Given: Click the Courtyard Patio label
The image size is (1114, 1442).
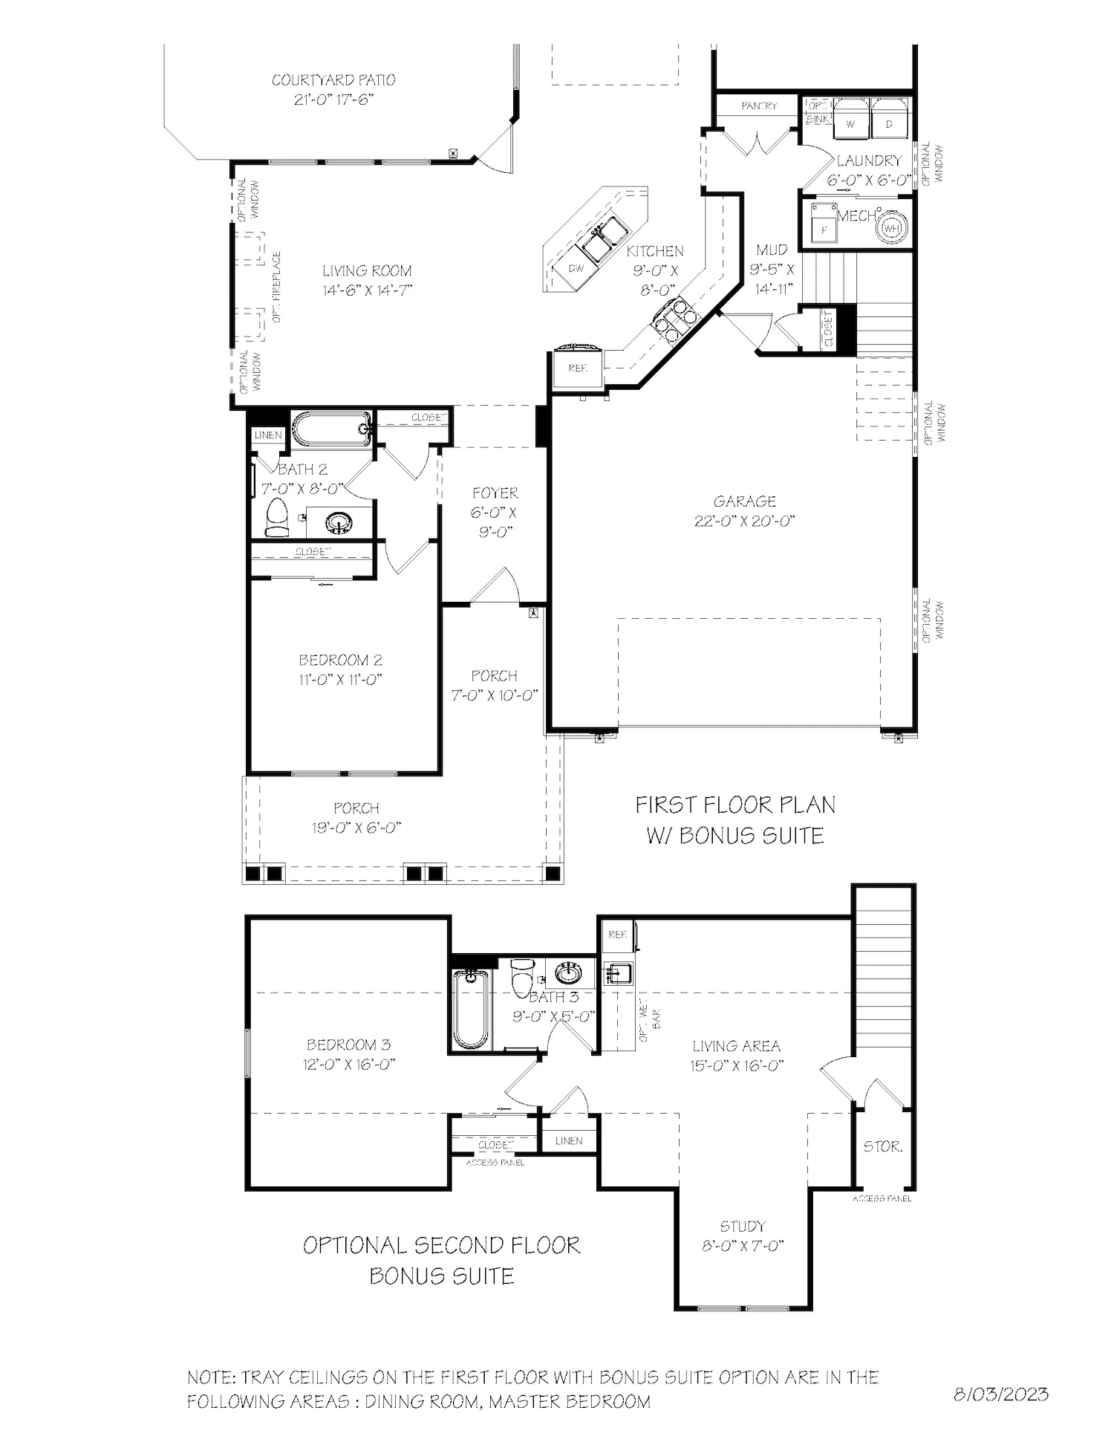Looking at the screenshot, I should (333, 80).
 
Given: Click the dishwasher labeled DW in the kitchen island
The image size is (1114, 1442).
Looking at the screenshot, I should (576, 268).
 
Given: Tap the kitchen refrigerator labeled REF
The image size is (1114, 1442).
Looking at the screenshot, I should (578, 368).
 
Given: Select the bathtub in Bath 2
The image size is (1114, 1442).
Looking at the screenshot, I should (332, 429).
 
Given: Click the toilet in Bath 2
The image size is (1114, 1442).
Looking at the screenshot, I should (277, 518).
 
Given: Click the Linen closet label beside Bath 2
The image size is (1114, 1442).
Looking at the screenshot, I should (268, 435).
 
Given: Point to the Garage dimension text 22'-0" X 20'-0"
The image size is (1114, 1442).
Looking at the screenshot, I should (744, 521).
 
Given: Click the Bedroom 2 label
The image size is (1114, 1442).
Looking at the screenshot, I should (340, 660).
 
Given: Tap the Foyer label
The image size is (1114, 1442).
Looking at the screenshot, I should (495, 493).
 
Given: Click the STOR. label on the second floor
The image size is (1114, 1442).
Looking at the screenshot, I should (882, 1146).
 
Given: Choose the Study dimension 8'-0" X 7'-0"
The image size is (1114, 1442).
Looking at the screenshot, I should (743, 1246).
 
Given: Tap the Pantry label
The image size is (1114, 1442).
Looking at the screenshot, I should (759, 106).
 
